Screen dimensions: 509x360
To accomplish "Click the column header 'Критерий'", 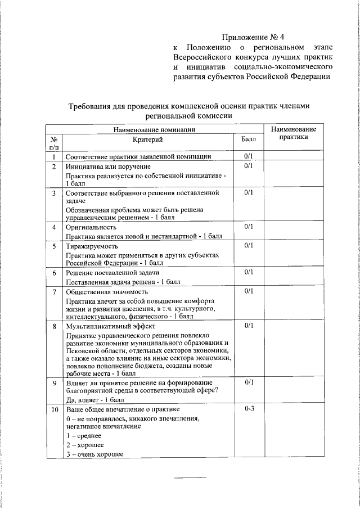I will pyautogui.click(x=148, y=138).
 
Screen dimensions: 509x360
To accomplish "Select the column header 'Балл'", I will pyautogui.click(x=249, y=138).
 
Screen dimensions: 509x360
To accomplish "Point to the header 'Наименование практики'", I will pyautogui.click(x=293, y=133).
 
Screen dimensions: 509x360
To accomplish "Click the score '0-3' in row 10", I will pyautogui.click(x=250, y=408).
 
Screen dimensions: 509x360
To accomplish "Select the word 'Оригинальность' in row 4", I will pyautogui.click(x=91, y=227).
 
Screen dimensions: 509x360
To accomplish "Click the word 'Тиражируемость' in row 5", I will pyautogui.click(x=93, y=246).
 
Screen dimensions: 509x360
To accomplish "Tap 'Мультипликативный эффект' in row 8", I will pyautogui.click(x=108, y=326).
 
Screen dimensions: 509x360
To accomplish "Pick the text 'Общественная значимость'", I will pyautogui.click(x=107, y=292).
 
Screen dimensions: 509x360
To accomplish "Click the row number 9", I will pyautogui.click(x=54, y=383).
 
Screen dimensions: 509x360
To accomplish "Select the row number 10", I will pyautogui.click(x=55, y=409).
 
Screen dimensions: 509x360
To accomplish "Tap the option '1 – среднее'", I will pyautogui.click(x=84, y=436).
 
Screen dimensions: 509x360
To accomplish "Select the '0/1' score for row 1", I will pyautogui.click(x=250, y=156).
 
